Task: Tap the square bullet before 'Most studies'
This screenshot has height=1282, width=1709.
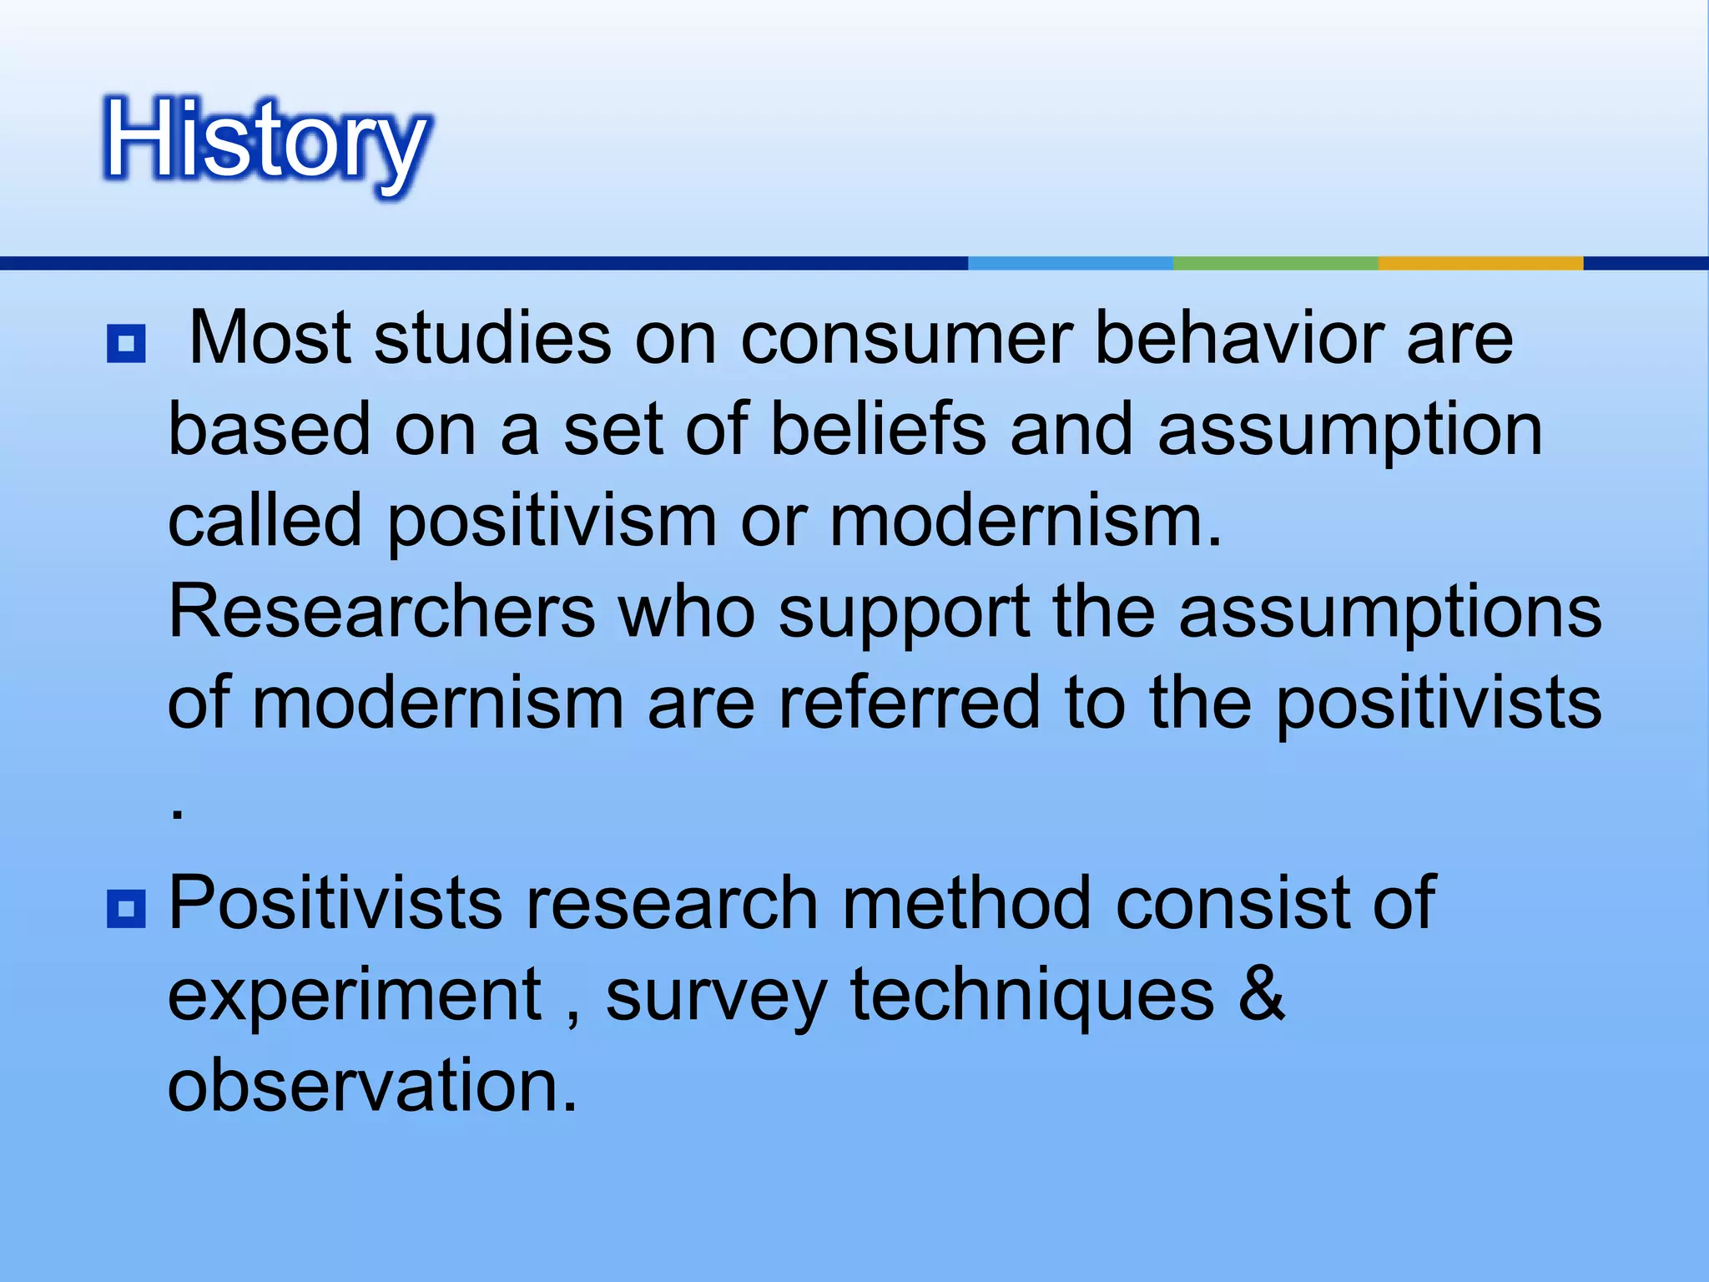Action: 126,343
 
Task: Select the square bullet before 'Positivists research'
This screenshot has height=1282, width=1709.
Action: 126,909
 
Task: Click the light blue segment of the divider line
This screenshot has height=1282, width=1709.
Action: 1070,263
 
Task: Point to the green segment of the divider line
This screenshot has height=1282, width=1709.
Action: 1275,263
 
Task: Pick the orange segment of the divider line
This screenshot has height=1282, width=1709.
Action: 1480,263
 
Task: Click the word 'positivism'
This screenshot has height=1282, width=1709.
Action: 552,521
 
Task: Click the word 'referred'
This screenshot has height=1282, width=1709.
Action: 909,703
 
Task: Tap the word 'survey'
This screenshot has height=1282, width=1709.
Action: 715,997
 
